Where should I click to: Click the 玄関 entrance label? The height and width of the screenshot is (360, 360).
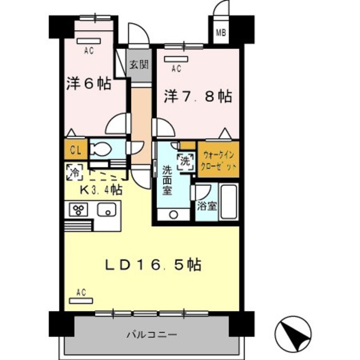point(138,64)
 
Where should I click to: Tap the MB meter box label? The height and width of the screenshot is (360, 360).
point(221,32)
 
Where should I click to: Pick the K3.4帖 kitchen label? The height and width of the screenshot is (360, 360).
point(101,189)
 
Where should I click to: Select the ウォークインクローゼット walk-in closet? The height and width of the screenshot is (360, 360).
point(217,160)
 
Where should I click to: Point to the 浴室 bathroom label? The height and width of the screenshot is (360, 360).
point(206,206)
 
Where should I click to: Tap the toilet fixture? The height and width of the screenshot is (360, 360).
point(103,150)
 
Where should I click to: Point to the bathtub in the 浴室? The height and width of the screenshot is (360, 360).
point(229,201)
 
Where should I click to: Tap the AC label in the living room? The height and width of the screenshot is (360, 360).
point(80,291)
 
